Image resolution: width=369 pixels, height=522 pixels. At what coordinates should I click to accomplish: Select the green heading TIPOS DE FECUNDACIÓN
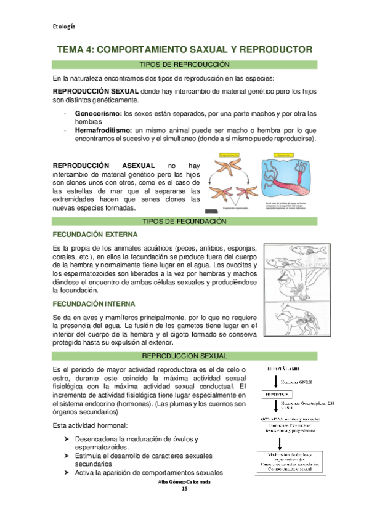pyautogui.click(x=184, y=221)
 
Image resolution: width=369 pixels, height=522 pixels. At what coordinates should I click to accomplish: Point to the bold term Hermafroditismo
pyautogui.click(x=105, y=130)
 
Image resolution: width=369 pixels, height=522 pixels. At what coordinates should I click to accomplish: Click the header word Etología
pyautogui.click(x=63, y=26)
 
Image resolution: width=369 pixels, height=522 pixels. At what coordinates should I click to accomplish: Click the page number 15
pyautogui.click(x=184, y=488)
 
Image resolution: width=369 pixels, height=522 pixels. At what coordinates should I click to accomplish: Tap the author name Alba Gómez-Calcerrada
pyautogui.click(x=184, y=481)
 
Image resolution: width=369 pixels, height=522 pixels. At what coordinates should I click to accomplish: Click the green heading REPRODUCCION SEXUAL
pyautogui.click(x=184, y=356)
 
